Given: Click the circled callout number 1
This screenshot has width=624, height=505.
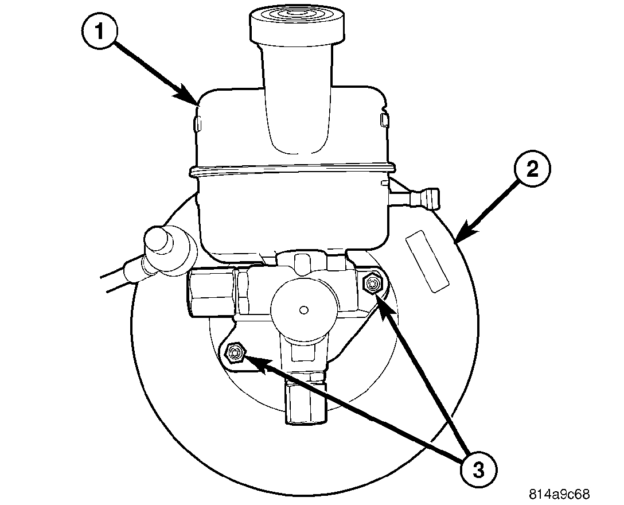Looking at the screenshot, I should click(101, 32).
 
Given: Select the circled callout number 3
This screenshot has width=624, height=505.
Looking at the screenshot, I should click(478, 470).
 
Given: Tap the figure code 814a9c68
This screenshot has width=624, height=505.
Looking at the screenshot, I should click(559, 494).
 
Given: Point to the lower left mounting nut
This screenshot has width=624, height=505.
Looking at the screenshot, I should click(235, 353).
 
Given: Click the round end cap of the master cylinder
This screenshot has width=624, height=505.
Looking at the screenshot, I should click(301, 309).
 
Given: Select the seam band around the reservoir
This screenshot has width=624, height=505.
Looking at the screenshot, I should click(292, 169).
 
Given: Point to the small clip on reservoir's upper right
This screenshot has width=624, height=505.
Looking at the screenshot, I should click(383, 119).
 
